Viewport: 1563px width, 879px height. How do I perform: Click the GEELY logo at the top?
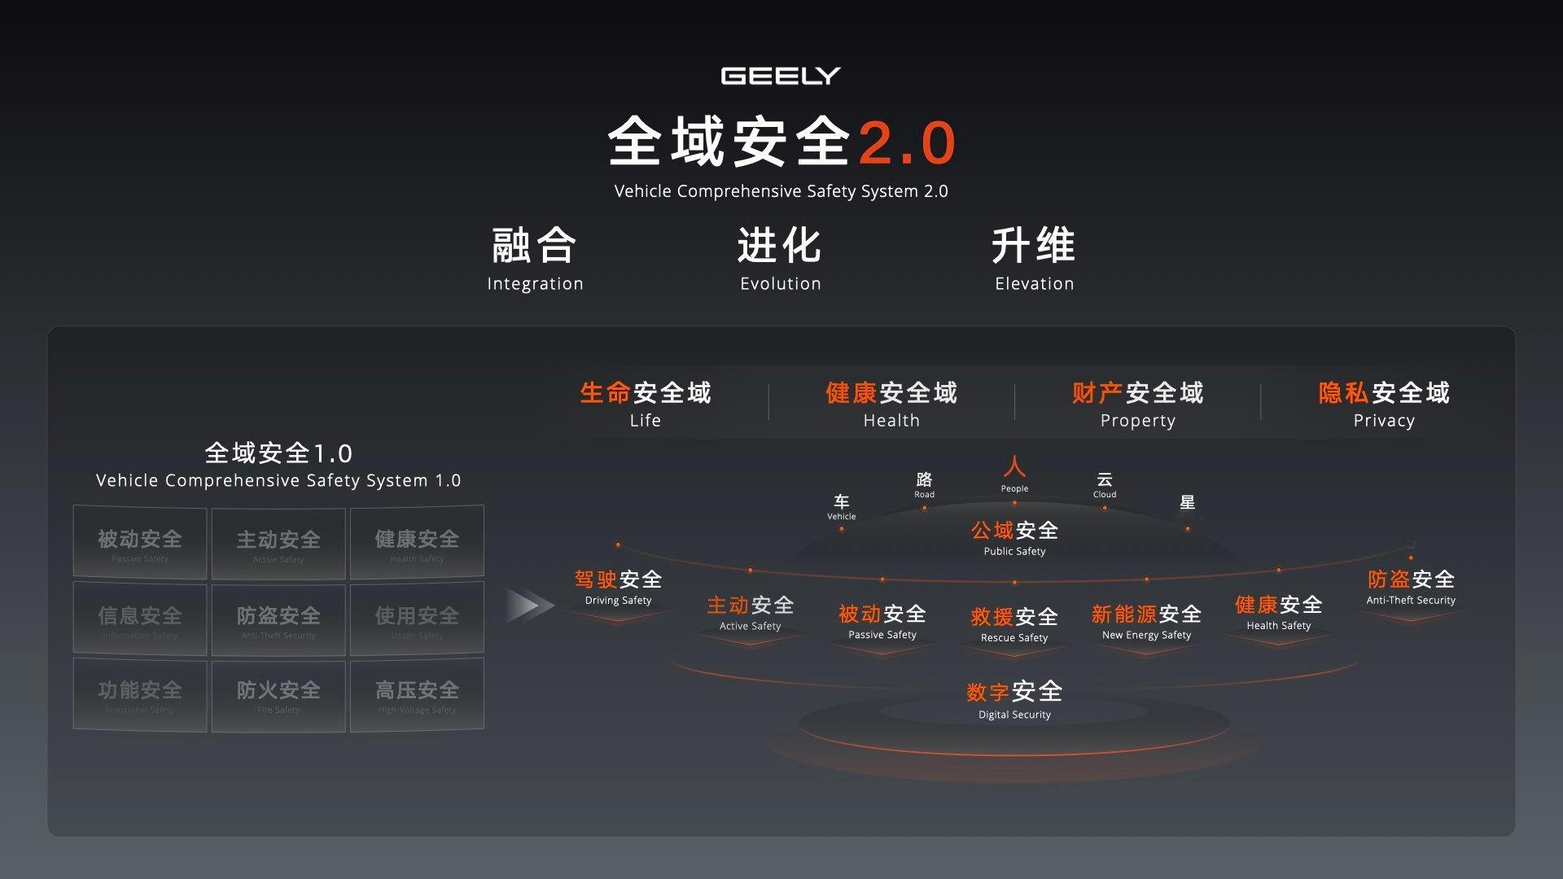tap(780, 76)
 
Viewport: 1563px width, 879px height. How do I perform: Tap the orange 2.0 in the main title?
tap(907, 143)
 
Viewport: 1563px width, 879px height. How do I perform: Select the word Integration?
tap(535, 283)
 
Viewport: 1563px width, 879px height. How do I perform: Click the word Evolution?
tap(780, 283)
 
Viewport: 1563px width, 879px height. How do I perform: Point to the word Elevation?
tap(1034, 283)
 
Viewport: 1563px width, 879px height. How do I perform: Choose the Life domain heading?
tap(645, 404)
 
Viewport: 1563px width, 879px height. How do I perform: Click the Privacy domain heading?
tap(1384, 404)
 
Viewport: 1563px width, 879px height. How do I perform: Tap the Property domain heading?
tap(1137, 404)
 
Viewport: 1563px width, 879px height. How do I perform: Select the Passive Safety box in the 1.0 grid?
tap(140, 543)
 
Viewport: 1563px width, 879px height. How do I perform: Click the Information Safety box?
tap(140, 619)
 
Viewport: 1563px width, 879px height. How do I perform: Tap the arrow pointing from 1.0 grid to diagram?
tap(528, 606)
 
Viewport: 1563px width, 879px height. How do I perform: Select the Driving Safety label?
tap(618, 588)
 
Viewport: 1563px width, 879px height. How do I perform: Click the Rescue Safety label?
tap(1014, 624)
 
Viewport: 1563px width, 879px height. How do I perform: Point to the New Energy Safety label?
tap(1146, 622)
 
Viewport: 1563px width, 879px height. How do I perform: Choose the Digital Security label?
tap(1014, 700)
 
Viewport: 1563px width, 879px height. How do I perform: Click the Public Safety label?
tap(1014, 538)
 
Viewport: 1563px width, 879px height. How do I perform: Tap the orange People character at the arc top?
tap(1014, 467)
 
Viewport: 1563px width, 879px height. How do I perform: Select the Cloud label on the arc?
tap(1105, 484)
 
